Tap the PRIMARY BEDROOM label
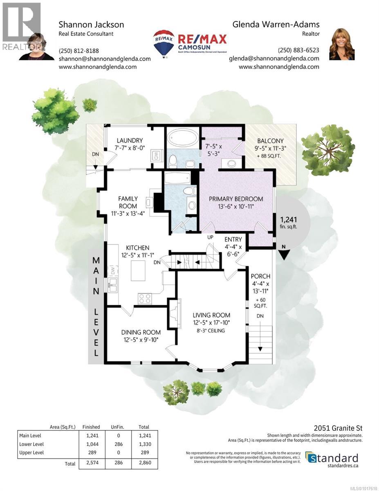pyautogui.click(x=236, y=199)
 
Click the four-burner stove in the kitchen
pyautogui.click(x=144, y=298)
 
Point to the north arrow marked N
pyautogui.click(x=283, y=254)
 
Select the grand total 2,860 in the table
pyautogui.click(x=144, y=464)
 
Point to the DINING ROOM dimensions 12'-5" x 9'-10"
pyautogui.click(x=141, y=339)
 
